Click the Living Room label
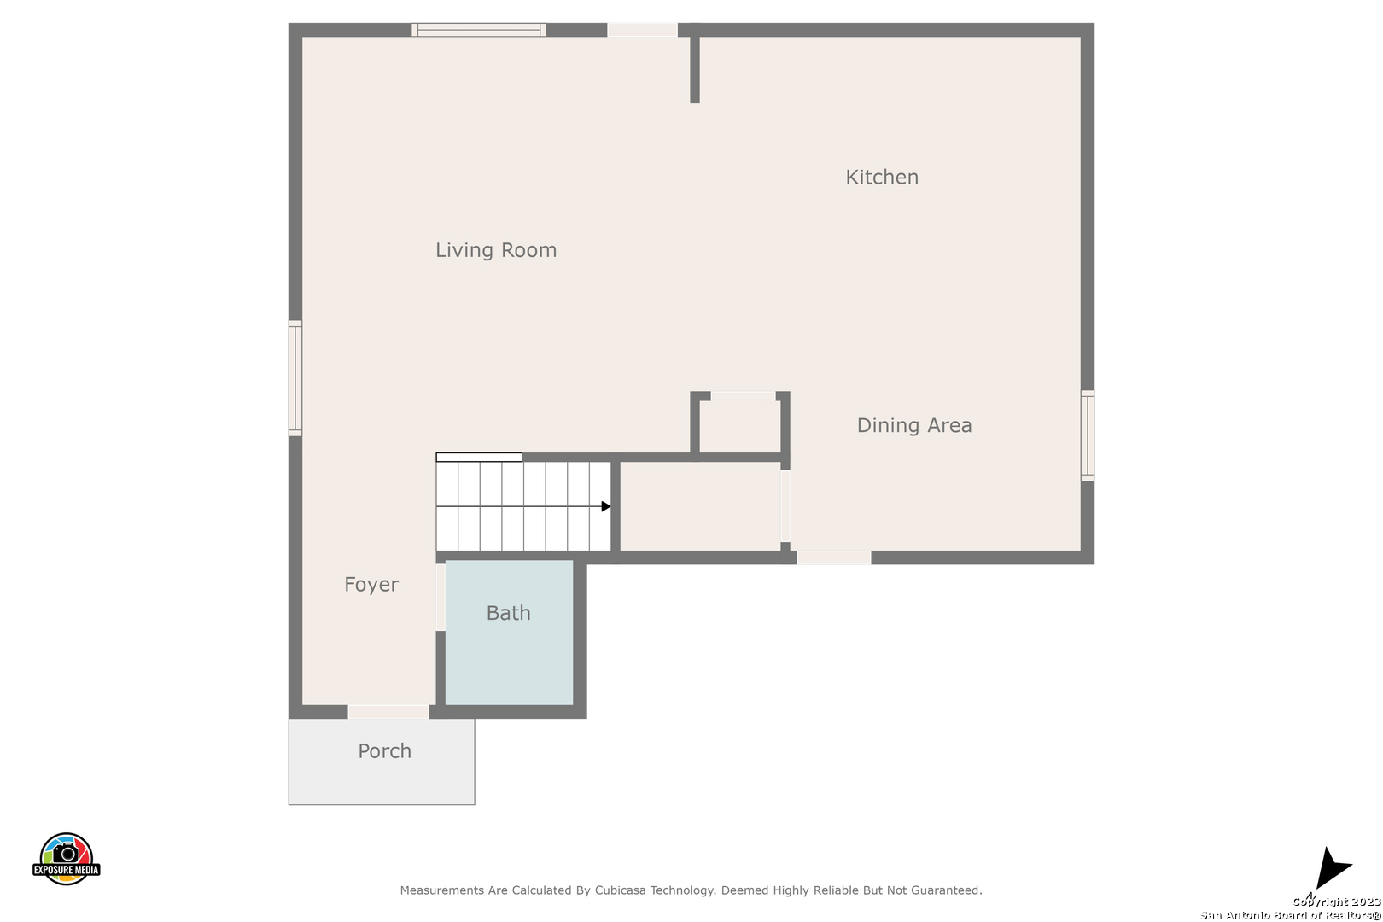point(496,250)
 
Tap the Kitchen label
point(882,178)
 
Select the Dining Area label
point(914,425)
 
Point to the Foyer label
point(371,584)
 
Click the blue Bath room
point(509,632)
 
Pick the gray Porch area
point(382,762)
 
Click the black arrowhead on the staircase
point(606,506)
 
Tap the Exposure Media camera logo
point(66,859)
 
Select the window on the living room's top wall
point(479,30)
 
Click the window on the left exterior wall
point(295,378)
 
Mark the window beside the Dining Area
point(1088,435)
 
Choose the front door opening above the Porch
point(388,712)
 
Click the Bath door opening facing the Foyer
point(441,598)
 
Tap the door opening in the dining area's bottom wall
point(833,557)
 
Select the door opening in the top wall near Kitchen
point(642,30)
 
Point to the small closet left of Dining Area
point(739,426)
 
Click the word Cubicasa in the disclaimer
point(621,890)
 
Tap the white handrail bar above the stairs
point(479,457)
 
